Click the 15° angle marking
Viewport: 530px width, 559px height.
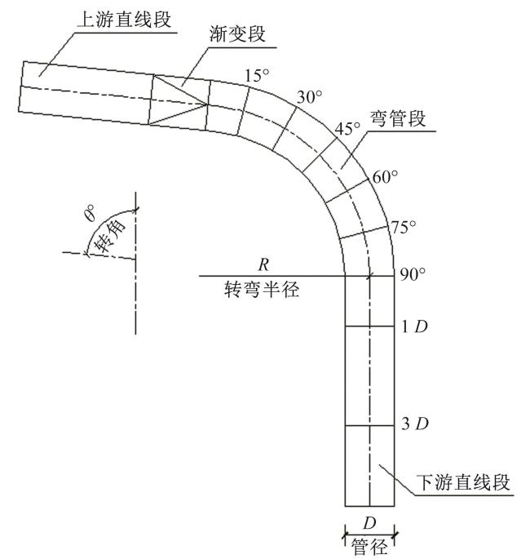point(256,76)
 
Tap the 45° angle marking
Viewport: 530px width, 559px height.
point(348,129)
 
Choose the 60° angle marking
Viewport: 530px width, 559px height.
point(385,177)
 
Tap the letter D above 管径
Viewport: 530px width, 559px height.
point(369,523)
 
